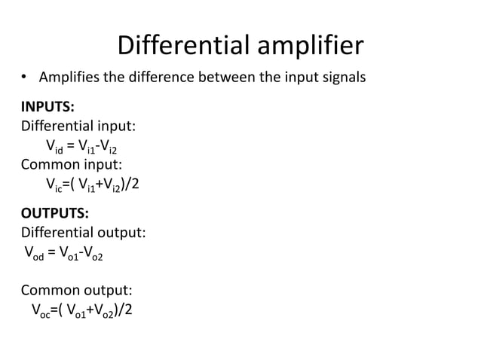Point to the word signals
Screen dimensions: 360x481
342,77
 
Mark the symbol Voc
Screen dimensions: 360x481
39,310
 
